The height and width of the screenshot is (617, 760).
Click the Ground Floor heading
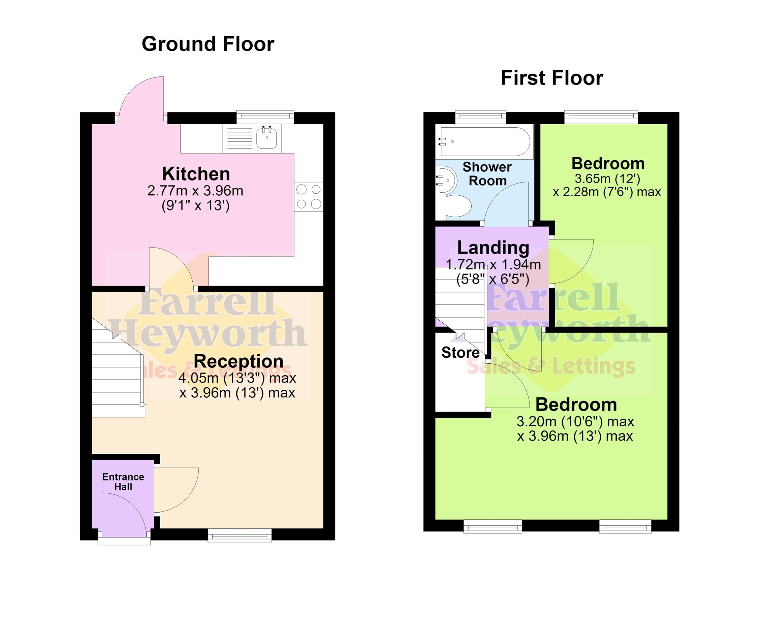point(208,44)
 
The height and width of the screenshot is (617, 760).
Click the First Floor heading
point(552,78)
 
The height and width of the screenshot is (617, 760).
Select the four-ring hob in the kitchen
point(309,197)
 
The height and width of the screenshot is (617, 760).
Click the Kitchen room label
point(196,174)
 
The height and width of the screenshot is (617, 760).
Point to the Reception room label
point(239,361)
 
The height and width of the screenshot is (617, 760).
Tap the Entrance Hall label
point(123,482)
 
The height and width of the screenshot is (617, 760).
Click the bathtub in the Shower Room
point(485,141)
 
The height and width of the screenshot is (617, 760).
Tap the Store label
point(460,353)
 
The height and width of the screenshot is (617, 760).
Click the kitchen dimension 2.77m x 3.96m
point(195,191)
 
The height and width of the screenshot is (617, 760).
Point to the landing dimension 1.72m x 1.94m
point(494,264)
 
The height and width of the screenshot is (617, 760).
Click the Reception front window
point(240,535)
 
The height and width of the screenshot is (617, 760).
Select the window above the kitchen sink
point(265,117)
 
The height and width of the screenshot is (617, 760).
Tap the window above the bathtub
point(481,117)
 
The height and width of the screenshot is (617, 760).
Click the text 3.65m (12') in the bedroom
point(607,178)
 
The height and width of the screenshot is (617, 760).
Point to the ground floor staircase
point(119,368)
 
